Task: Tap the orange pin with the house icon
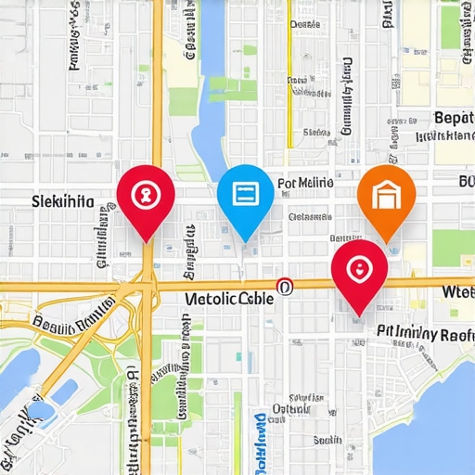(x=384, y=198)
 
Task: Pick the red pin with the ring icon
(x=358, y=271)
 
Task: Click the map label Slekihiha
(x=62, y=200)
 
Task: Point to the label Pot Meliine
(x=305, y=184)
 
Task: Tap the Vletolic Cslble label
(x=231, y=299)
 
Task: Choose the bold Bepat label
(x=454, y=118)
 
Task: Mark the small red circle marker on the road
(x=284, y=288)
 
